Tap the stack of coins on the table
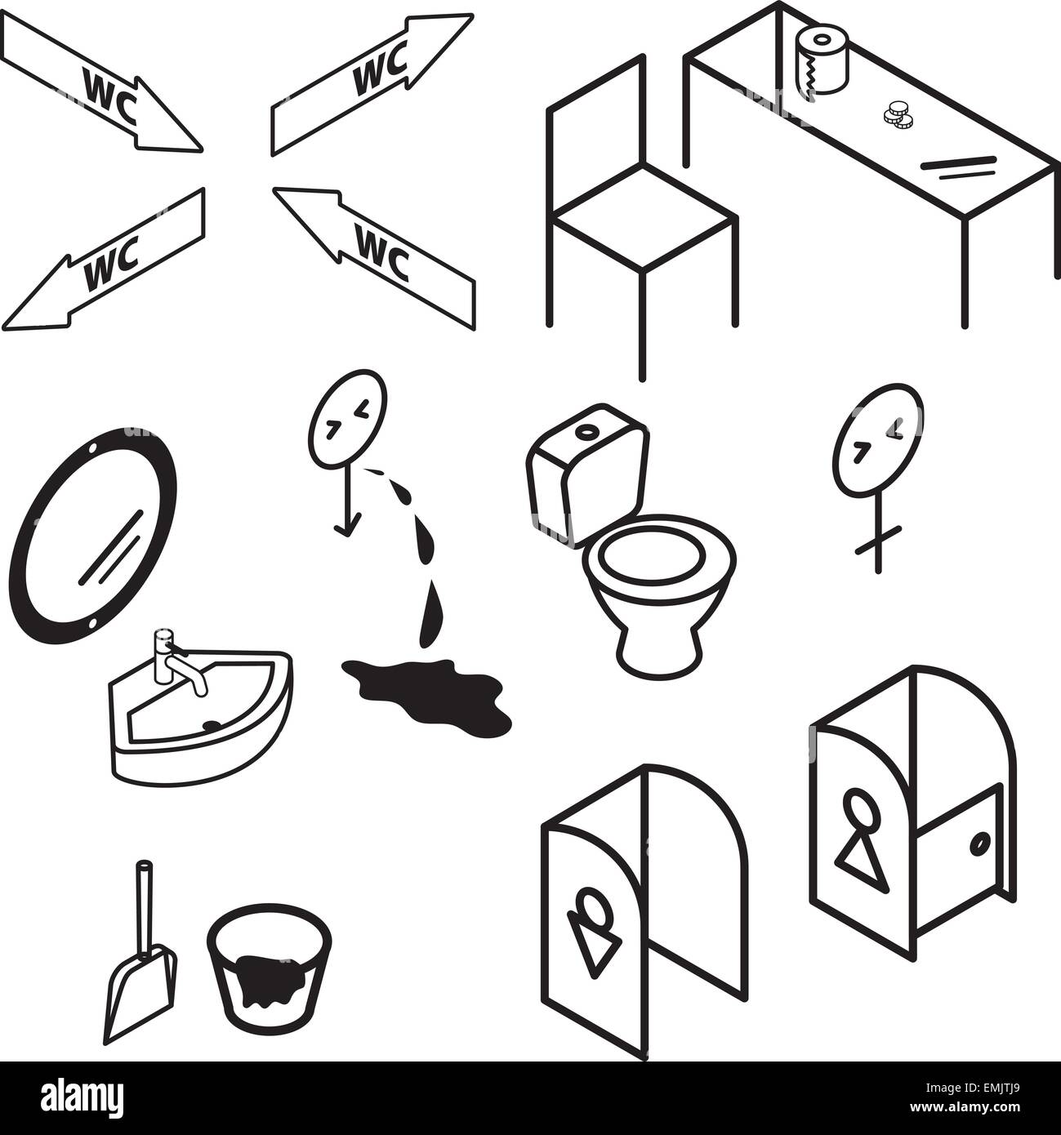[x=898, y=117]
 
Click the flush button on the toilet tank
[x=585, y=430]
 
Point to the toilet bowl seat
[x=658, y=559]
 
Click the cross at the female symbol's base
[x=878, y=539]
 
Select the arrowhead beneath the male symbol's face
[x=345, y=531]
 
